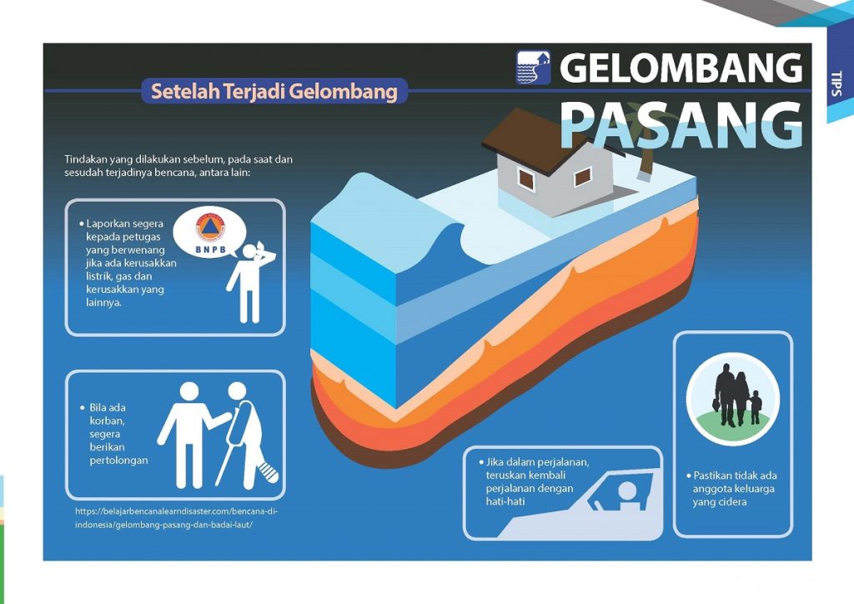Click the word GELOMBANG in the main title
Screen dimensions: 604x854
(681, 68)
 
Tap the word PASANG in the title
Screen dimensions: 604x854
(681, 125)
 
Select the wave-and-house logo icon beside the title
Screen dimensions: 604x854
(534, 68)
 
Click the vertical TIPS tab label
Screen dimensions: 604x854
(836, 83)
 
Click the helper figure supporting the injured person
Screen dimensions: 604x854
(188, 434)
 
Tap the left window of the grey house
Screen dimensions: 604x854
(526, 178)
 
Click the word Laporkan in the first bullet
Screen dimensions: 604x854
(109, 224)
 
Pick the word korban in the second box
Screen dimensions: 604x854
(106, 422)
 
